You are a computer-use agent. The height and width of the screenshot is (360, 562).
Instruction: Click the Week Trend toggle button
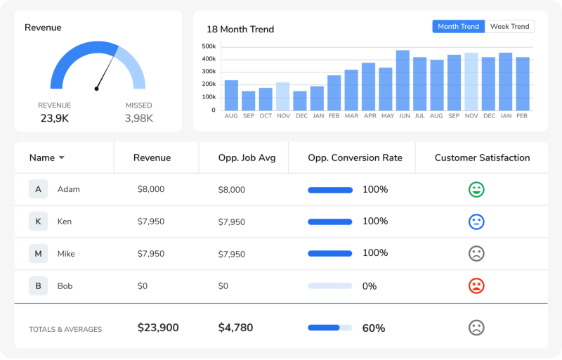point(509,27)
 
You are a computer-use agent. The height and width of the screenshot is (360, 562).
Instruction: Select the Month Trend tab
point(459,27)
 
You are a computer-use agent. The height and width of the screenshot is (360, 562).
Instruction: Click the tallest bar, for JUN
point(403,80)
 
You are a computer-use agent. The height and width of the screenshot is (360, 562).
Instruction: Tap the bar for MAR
point(351,90)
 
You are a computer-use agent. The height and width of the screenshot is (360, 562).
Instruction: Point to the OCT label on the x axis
point(266,116)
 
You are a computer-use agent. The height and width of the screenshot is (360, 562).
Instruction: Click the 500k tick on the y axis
point(209,46)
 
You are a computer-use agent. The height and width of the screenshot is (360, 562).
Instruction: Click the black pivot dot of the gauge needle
point(96,89)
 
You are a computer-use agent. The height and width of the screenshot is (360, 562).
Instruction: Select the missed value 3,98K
point(138,118)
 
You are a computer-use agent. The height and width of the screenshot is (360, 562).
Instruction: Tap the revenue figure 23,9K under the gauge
point(55,118)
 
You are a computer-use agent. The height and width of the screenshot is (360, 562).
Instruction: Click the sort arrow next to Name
point(62,157)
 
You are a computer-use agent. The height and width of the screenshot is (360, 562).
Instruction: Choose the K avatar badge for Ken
point(39,221)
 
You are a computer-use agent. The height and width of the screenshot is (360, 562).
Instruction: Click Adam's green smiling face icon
point(476,189)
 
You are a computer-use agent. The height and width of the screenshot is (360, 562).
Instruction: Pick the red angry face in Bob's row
point(476,285)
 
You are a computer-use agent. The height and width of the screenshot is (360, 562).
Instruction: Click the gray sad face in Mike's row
point(476,254)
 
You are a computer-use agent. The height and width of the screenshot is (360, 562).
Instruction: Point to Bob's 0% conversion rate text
point(370,286)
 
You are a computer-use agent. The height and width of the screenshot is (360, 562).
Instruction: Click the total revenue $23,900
point(158,328)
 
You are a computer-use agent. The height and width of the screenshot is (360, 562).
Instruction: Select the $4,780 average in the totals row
point(235,328)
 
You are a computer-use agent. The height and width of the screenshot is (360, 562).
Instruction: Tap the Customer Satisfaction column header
point(482,157)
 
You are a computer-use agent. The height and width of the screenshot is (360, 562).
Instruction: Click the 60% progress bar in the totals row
point(329,328)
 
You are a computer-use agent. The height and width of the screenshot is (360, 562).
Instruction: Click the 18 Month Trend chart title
point(240,30)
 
